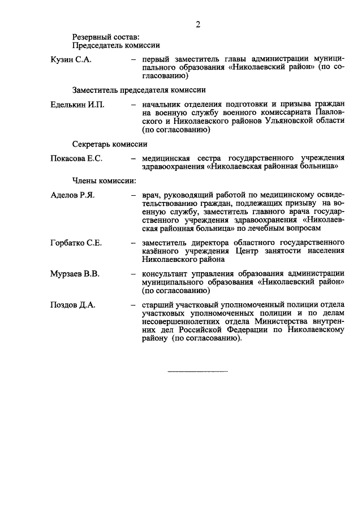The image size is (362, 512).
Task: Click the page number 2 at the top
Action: (x=197, y=24)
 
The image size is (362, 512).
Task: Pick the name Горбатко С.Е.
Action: (x=76, y=243)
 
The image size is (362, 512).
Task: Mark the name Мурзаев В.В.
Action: (x=75, y=274)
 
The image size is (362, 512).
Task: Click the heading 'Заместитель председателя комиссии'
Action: (x=139, y=89)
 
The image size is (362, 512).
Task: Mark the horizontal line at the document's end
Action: (x=197, y=372)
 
